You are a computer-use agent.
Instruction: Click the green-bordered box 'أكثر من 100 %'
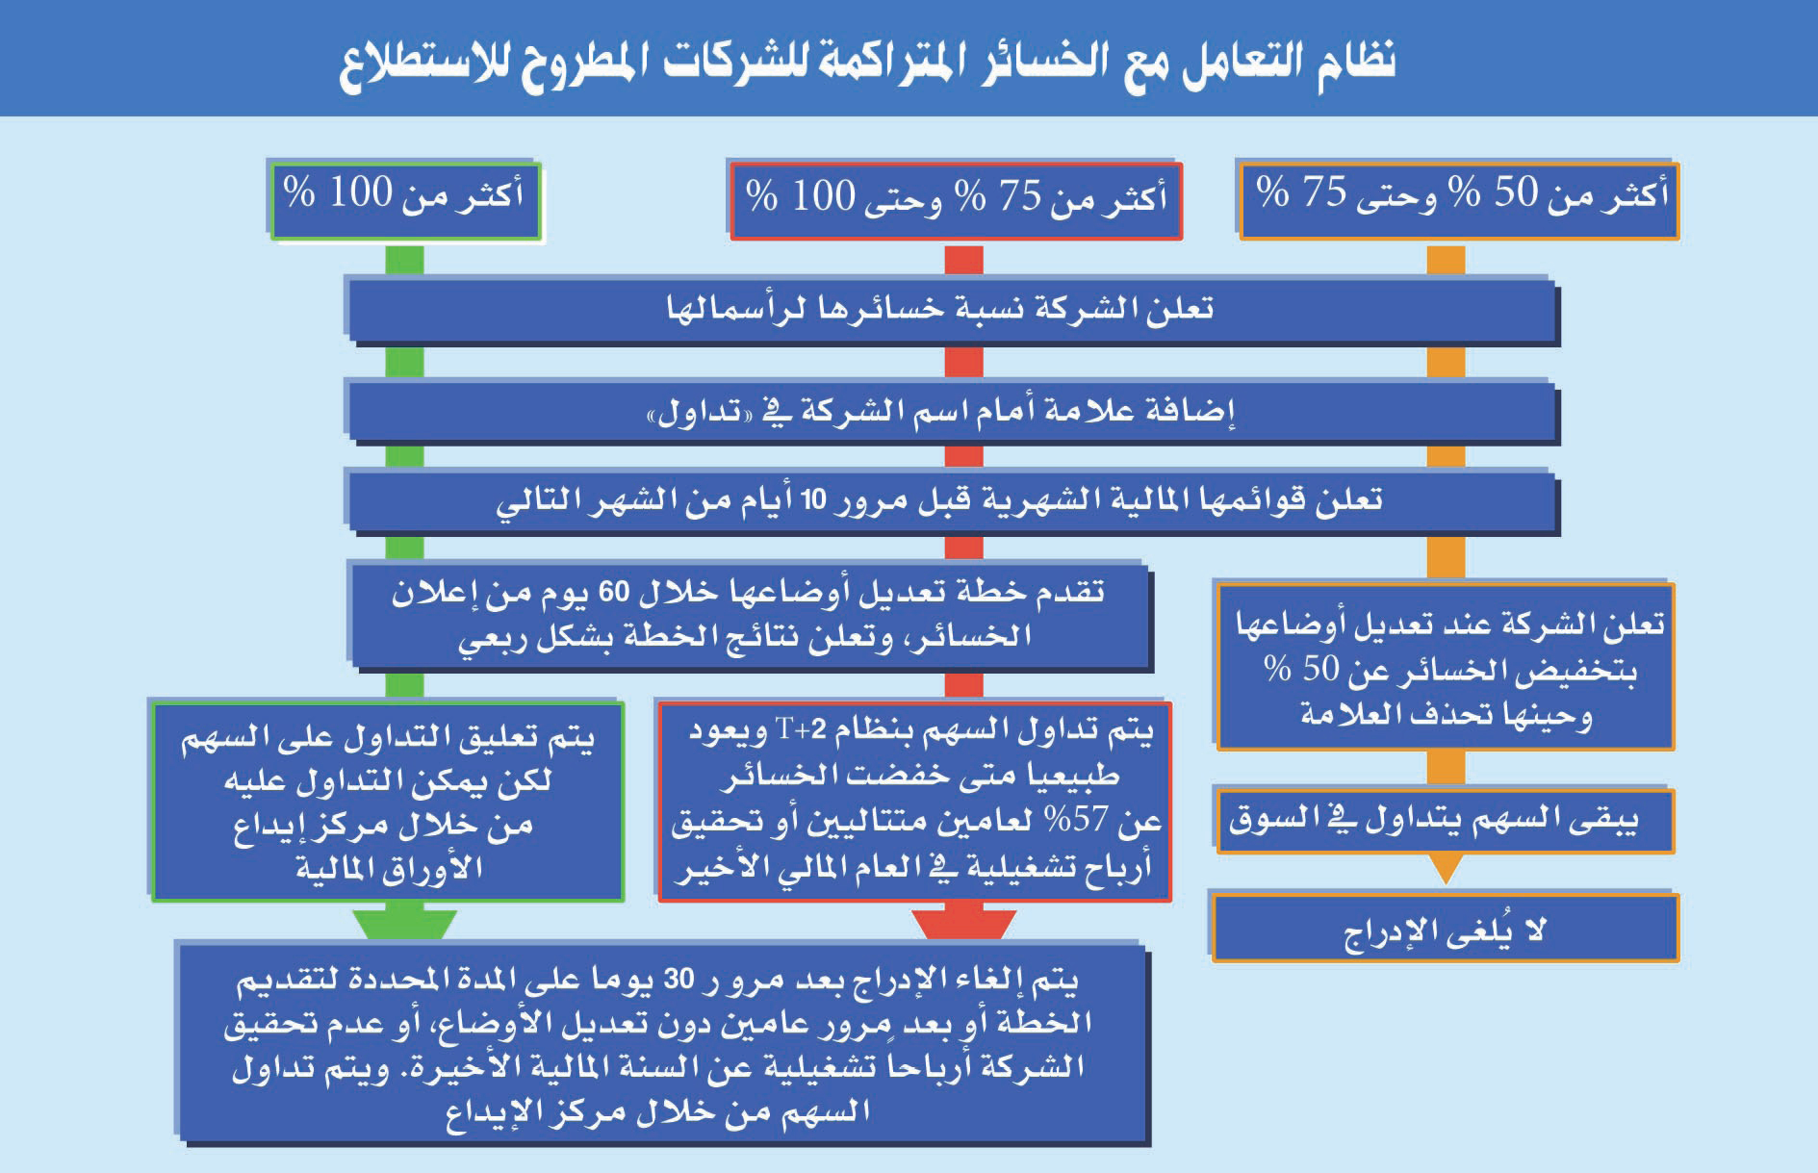click(405, 200)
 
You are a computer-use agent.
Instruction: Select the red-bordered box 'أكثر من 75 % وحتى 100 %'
click(956, 200)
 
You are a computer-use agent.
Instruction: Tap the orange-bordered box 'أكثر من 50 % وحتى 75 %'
click(1459, 199)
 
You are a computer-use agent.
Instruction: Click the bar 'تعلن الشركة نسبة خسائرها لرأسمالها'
click(951, 310)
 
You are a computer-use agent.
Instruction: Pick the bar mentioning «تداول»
click(951, 413)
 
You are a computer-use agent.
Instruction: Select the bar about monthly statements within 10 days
click(951, 500)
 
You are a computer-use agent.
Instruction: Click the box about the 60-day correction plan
click(751, 615)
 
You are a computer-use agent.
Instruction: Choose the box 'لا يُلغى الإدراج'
click(1444, 929)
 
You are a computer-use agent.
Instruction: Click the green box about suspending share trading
click(388, 801)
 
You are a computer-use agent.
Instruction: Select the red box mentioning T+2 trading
click(914, 801)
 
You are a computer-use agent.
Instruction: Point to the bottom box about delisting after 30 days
click(663, 1043)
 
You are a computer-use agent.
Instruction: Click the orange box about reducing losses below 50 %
click(1446, 667)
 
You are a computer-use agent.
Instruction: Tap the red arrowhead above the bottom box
click(963, 924)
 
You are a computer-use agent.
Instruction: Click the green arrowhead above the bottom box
click(404, 924)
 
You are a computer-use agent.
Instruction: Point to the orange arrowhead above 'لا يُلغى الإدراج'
click(1446, 870)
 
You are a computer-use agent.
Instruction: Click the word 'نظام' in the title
click(1355, 62)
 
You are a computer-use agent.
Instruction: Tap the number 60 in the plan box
click(614, 591)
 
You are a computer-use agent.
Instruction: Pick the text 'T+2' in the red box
click(801, 730)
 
